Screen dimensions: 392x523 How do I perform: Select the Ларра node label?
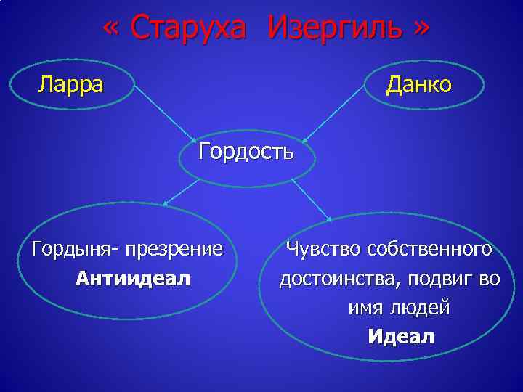coord(70,85)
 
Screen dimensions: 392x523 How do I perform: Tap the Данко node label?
coord(419,85)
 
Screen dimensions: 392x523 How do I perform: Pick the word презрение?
coord(174,250)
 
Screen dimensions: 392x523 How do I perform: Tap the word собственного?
coord(430,250)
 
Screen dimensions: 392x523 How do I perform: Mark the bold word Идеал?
coord(401,337)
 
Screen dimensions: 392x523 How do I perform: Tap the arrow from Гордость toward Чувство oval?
coord(311,198)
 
